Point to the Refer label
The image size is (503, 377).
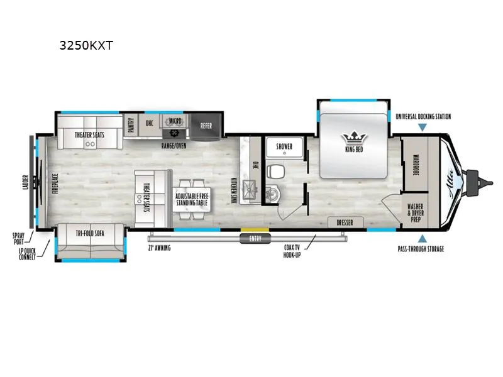tap(206, 125)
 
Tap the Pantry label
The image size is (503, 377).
tap(131, 123)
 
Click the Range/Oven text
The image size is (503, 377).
tap(174, 145)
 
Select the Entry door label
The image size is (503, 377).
tap(254, 239)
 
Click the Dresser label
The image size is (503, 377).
tap(345, 222)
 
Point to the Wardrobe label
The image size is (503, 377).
tap(416, 165)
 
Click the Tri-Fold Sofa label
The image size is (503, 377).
tap(90, 232)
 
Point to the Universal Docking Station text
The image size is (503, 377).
tap(423, 116)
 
